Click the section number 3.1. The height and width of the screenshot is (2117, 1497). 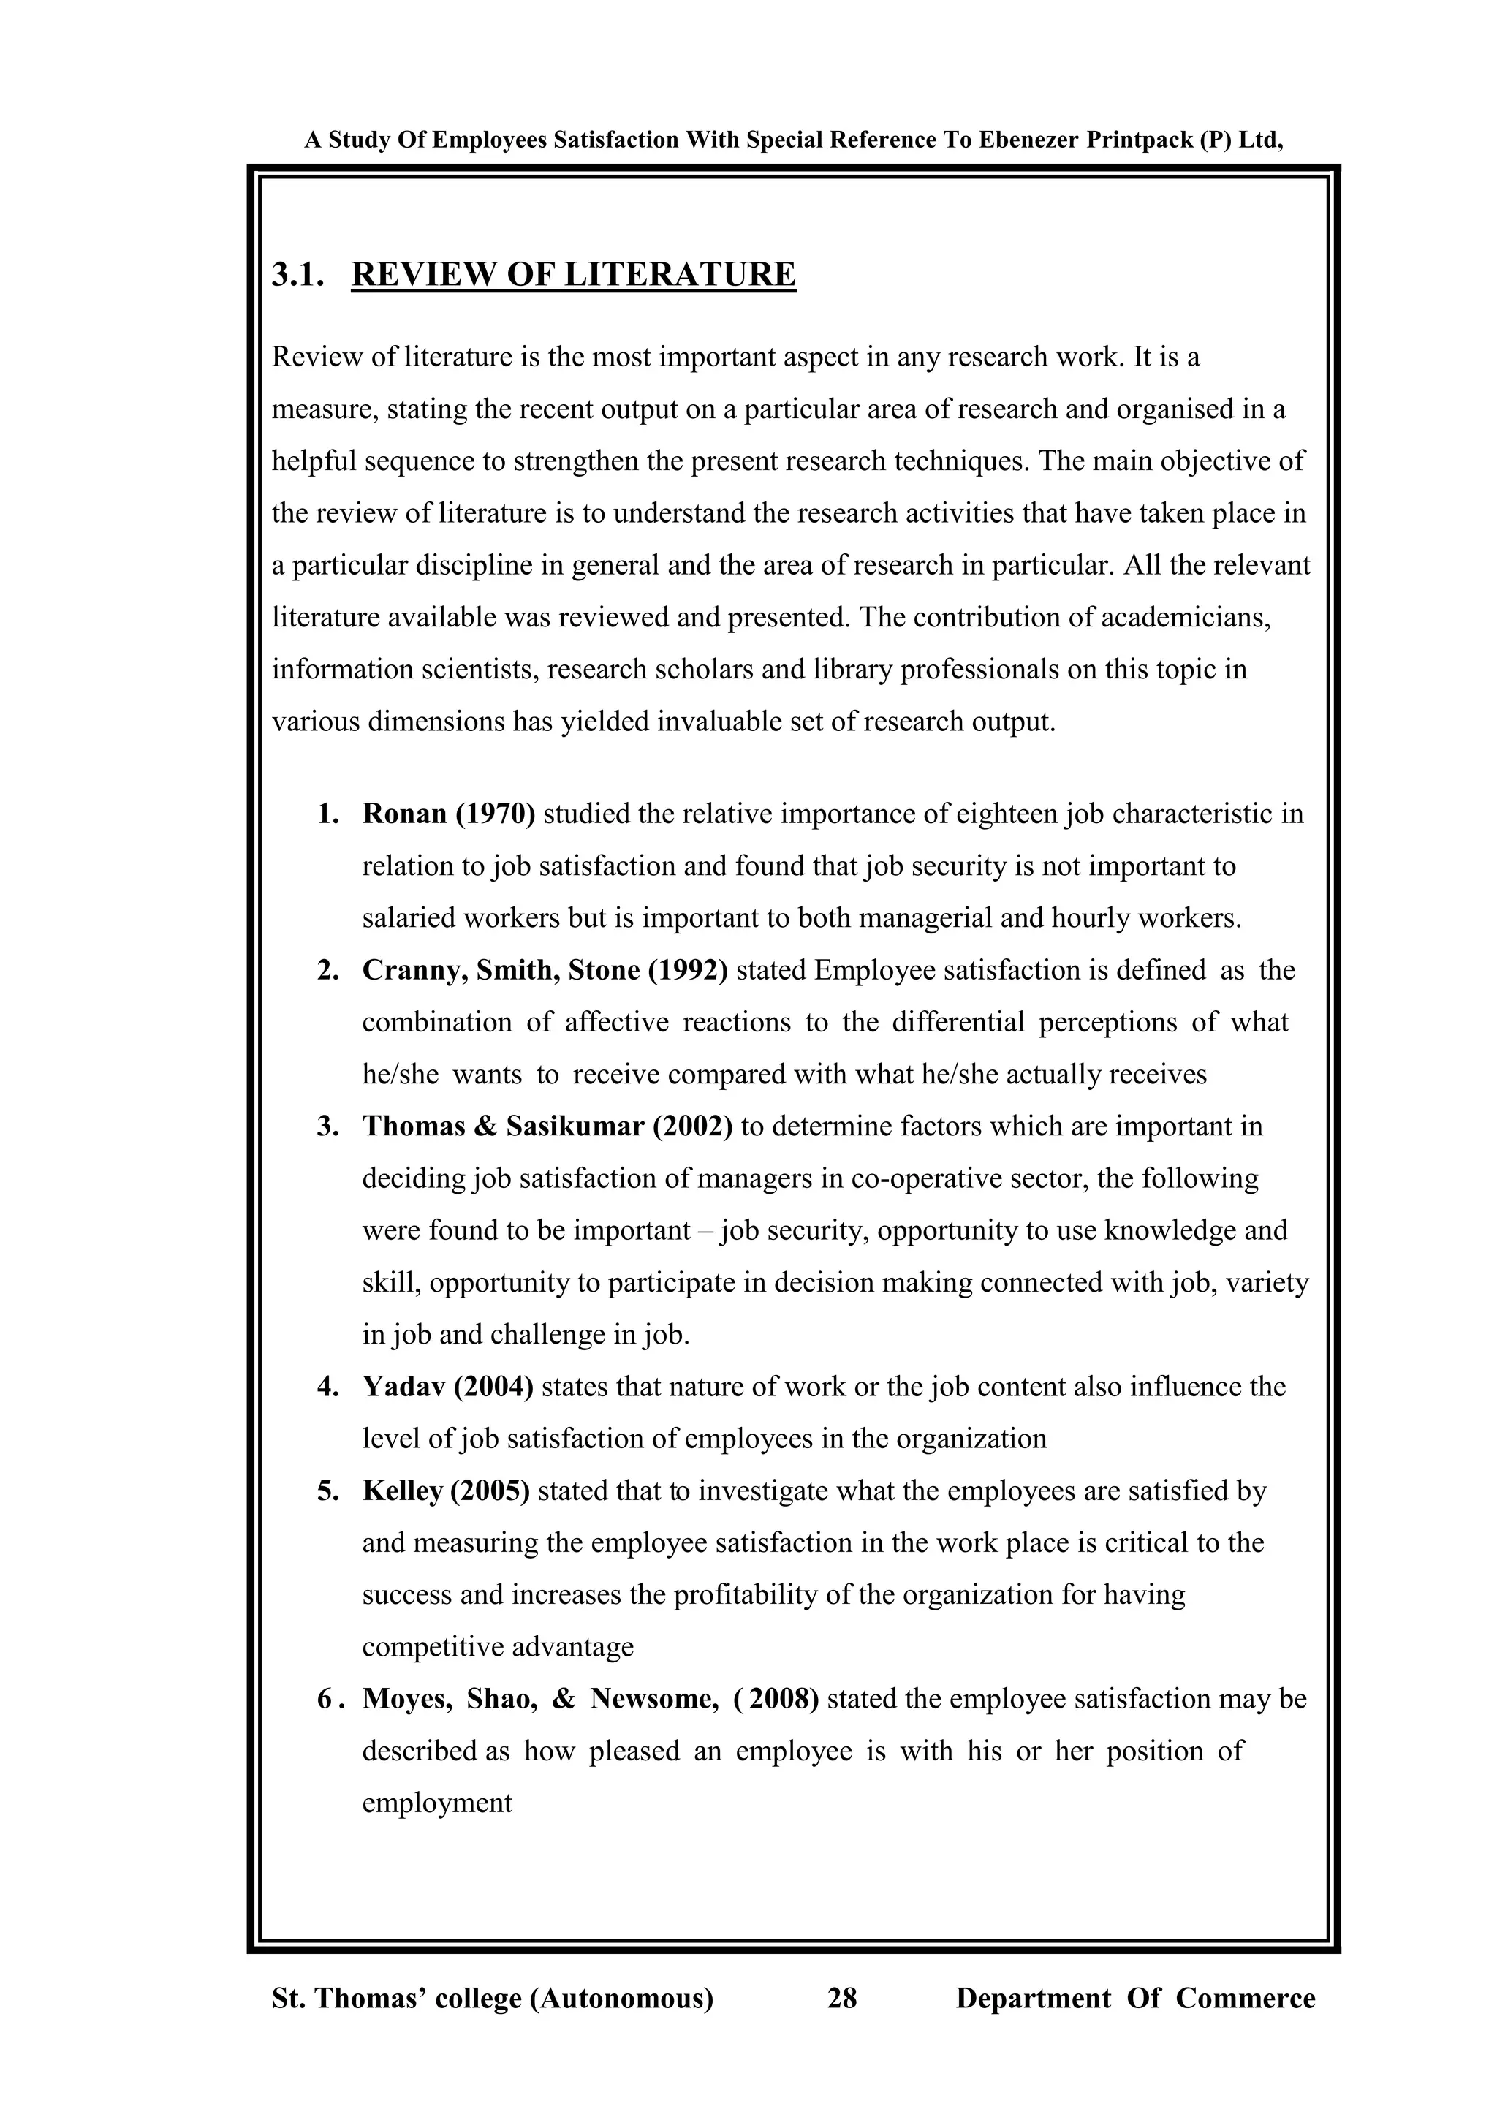coord(297,275)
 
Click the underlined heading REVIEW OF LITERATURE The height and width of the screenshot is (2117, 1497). coord(573,275)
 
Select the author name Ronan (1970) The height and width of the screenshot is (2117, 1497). coord(448,814)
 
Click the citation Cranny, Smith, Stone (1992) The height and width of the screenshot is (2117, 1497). coord(545,970)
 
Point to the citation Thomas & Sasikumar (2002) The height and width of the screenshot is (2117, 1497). coord(547,1126)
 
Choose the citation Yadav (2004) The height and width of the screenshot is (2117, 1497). coord(448,1387)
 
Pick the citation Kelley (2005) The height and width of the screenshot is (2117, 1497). coord(446,1491)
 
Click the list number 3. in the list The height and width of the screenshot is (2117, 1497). coord(328,1126)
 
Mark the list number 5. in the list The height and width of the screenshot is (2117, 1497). coord(328,1491)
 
